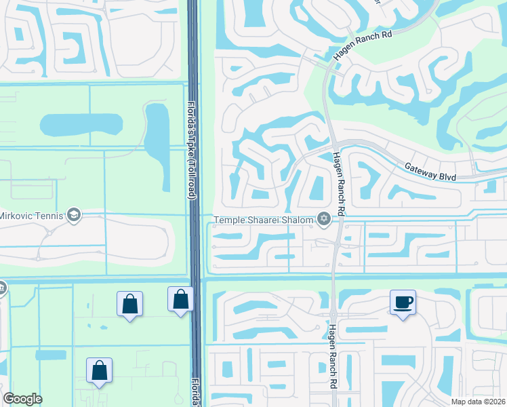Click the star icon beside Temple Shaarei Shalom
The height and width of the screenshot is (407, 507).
(324, 219)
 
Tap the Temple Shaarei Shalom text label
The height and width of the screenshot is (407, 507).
(264, 219)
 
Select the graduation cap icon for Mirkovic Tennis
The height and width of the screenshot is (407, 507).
(74, 216)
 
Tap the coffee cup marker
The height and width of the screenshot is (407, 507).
(403, 303)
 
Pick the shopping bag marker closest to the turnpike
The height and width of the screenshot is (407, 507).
(180, 299)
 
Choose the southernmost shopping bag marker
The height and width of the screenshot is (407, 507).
(99, 370)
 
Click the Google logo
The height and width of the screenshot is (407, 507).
(22, 399)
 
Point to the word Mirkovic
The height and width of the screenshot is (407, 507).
(14, 216)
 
